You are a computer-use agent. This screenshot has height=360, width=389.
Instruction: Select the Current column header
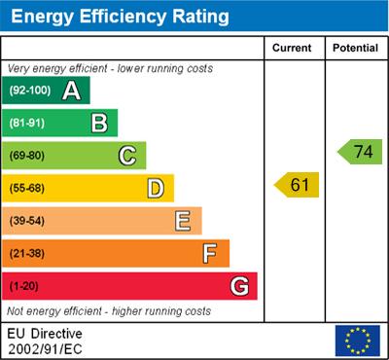point(293,48)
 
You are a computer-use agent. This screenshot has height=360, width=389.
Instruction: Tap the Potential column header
point(355,48)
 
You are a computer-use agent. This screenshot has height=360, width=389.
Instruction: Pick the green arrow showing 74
point(360,151)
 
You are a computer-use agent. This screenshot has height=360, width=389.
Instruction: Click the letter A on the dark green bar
point(71,90)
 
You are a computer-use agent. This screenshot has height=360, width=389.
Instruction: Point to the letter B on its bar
point(98,123)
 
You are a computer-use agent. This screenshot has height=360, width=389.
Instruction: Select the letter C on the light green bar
point(126,156)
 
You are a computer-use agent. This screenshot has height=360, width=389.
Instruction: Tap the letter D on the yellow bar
point(155,189)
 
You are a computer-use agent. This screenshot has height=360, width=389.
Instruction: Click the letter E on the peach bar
point(183,221)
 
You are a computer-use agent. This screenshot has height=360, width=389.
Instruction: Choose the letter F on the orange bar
point(210,254)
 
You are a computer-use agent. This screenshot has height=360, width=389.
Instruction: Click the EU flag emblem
point(357,340)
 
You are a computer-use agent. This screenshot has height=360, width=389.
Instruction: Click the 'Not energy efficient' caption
point(108,311)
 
